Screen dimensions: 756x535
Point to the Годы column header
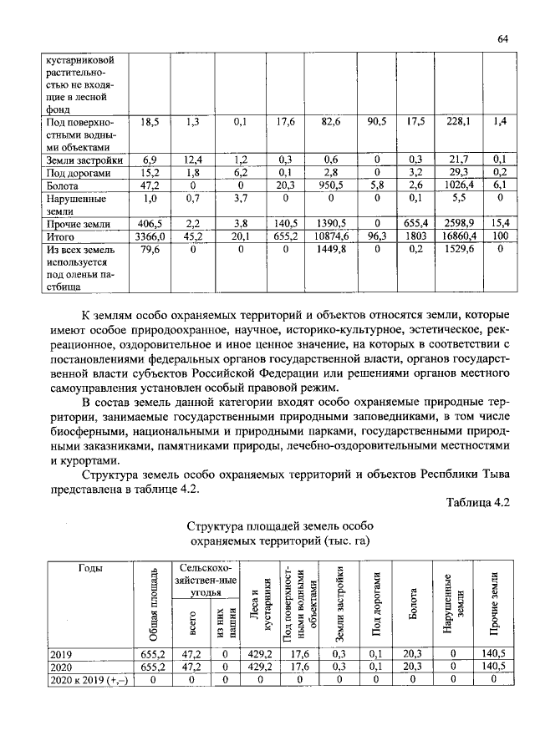[90, 568]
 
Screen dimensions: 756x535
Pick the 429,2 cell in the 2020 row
[262, 667]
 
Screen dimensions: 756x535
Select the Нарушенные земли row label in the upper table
[75, 204]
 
